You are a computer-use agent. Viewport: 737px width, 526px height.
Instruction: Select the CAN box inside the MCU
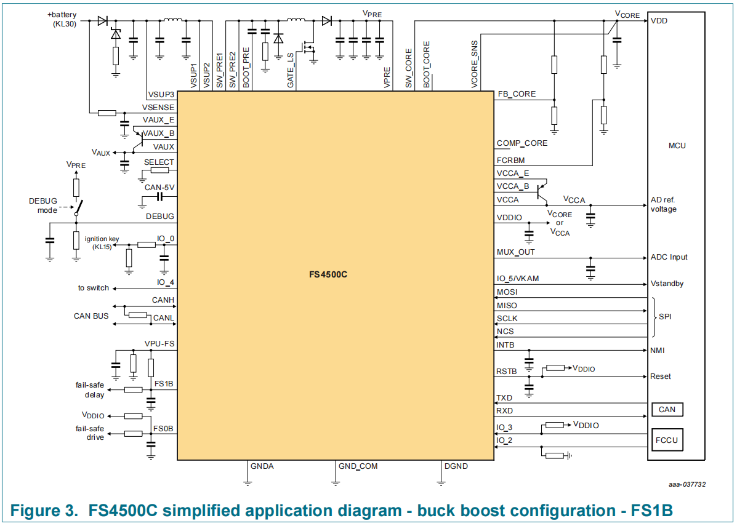tap(667, 410)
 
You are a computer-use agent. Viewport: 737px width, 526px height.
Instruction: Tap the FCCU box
tap(667, 440)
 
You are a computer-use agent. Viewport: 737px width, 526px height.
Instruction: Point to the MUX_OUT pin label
tap(515, 252)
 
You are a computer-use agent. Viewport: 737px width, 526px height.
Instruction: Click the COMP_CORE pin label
tap(522, 143)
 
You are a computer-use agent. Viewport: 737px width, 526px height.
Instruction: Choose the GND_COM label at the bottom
tap(358, 466)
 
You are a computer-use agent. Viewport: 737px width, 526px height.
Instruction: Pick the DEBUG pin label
tap(159, 217)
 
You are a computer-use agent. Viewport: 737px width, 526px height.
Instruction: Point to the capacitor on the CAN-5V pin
tap(159, 197)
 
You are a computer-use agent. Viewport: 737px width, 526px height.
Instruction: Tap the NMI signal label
tap(658, 351)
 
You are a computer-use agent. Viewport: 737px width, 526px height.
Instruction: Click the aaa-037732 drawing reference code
tap(687, 485)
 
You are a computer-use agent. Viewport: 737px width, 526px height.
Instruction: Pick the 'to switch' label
tap(94, 288)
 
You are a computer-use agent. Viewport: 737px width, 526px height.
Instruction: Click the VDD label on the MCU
tap(658, 20)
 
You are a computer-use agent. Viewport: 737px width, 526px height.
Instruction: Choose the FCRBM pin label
tap(512, 160)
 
